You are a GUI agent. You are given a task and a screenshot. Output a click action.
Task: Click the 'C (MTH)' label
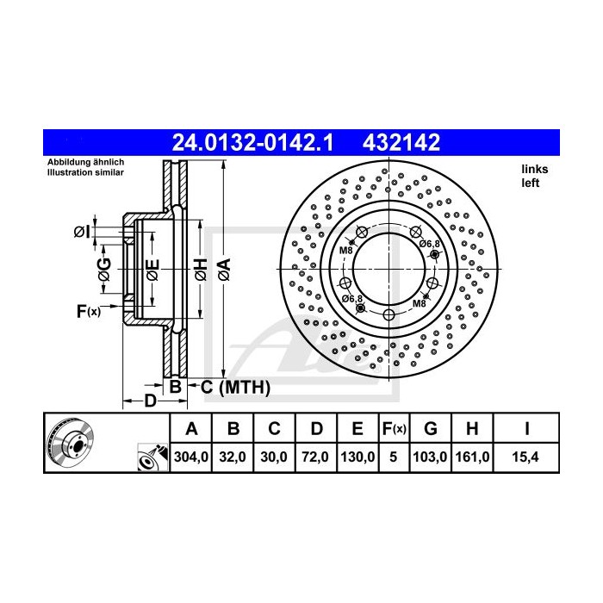pyautogui.click(x=235, y=388)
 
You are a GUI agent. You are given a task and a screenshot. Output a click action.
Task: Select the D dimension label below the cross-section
pyautogui.click(x=149, y=401)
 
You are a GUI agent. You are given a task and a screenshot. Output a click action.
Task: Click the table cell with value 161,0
pyautogui.click(x=472, y=457)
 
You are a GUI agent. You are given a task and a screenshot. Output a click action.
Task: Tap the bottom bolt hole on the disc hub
pyautogui.click(x=389, y=314)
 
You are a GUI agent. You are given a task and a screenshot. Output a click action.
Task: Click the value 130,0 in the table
pyautogui.click(x=356, y=457)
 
